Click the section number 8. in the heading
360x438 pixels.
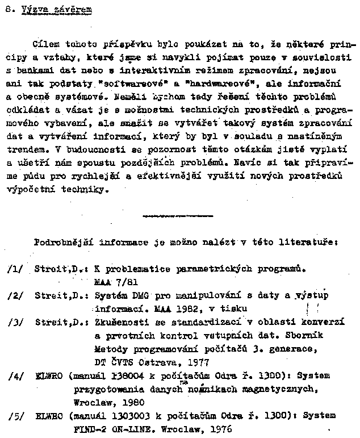pos(7,10)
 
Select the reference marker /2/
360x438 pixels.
pos(15,295)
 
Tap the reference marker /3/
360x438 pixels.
pos(15,323)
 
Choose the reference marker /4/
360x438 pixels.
pos(15,376)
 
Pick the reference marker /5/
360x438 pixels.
pos(15,416)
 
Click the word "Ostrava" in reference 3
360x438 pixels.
pos(164,362)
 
